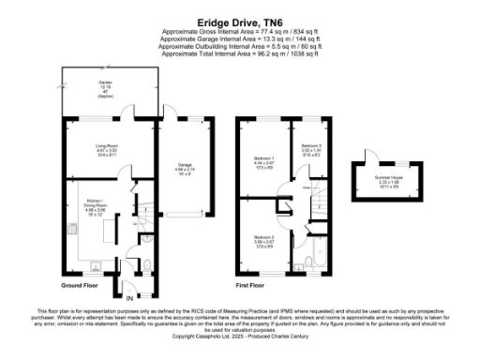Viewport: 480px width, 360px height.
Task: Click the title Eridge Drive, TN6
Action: click(239, 18)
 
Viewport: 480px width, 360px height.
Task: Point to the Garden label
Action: click(104, 85)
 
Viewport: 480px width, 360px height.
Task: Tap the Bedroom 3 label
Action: click(310, 148)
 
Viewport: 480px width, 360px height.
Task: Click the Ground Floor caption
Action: click(82, 284)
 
